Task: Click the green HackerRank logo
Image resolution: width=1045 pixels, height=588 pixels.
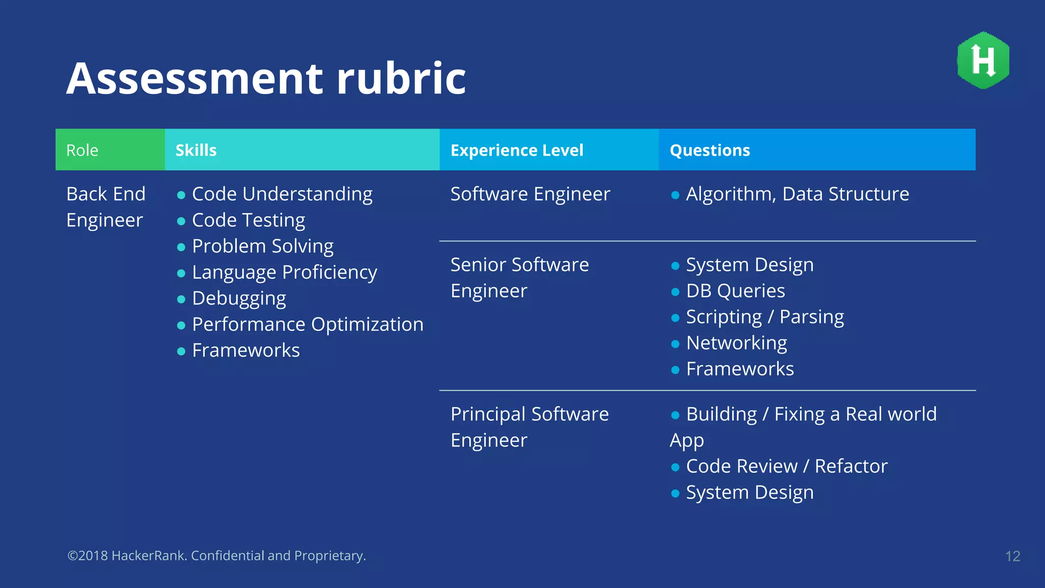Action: point(983,60)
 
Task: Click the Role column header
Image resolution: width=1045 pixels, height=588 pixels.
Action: point(82,150)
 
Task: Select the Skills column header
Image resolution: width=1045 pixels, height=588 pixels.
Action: point(196,150)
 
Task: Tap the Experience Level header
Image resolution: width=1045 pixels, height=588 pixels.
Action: point(516,150)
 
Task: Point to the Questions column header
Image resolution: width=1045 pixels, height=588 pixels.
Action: point(709,150)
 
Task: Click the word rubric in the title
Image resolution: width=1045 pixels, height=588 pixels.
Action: point(401,79)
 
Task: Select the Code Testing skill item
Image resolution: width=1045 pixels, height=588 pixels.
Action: point(248,220)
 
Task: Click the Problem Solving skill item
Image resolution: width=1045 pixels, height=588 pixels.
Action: point(262,246)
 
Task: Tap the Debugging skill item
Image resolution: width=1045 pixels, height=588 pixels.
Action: point(239,298)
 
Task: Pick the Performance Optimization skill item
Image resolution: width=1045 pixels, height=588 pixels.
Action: point(307,324)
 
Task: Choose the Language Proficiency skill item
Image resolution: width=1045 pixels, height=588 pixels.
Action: point(284,272)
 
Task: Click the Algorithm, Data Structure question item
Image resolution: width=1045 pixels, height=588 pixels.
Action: point(797,194)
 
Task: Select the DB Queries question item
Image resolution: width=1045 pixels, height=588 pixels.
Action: point(735,291)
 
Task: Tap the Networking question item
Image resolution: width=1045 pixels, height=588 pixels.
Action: point(736,343)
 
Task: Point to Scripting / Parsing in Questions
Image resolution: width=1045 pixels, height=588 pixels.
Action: point(764,317)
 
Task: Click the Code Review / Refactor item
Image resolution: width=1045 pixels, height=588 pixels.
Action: point(786,466)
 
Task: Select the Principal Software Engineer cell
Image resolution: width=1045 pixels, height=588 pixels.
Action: point(529,427)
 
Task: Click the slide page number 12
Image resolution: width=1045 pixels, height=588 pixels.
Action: point(1012,556)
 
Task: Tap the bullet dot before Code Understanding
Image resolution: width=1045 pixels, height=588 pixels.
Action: point(181,195)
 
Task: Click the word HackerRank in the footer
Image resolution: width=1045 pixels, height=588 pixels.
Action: point(147,555)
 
